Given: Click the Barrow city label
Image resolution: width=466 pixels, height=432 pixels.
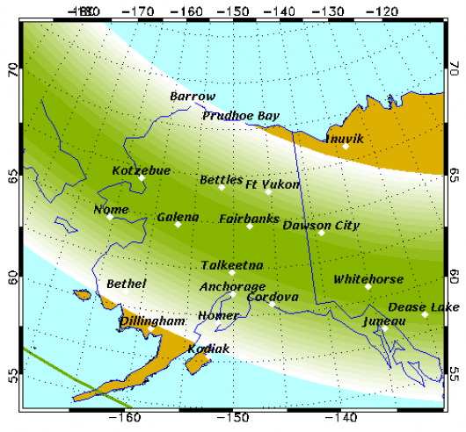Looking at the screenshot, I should pyautogui.click(x=192, y=97).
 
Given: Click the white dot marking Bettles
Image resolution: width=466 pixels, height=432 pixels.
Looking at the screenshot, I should pyautogui.click(x=222, y=187).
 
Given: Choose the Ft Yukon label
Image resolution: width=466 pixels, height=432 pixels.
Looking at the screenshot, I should pyautogui.click(x=272, y=185).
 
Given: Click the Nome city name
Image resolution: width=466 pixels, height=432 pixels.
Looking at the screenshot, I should pyautogui.click(x=112, y=210).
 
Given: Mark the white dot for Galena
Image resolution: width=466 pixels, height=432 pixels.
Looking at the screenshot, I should pyautogui.click(x=178, y=225).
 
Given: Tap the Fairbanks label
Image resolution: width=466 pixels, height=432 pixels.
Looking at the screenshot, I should pyautogui.click(x=249, y=218).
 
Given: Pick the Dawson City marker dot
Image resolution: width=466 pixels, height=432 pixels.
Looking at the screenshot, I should pyautogui.click(x=322, y=233).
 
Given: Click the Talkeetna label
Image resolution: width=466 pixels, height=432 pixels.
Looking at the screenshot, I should pyautogui.click(x=231, y=264).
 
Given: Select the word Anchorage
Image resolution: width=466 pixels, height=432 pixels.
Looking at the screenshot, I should pyautogui.click(x=232, y=286).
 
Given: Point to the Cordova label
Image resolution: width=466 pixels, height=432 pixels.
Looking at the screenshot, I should pyautogui.click(x=273, y=297).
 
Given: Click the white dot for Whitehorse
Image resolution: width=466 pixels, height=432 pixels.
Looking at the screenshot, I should pyautogui.click(x=368, y=287).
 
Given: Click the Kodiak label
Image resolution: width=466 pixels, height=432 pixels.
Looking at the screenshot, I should pyautogui.click(x=208, y=349).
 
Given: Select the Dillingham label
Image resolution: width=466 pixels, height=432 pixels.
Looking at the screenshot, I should pyautogui.click(x=151, y=321).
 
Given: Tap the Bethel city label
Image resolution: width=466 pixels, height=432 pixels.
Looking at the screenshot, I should pyautogui.click(x=126, y=284).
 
